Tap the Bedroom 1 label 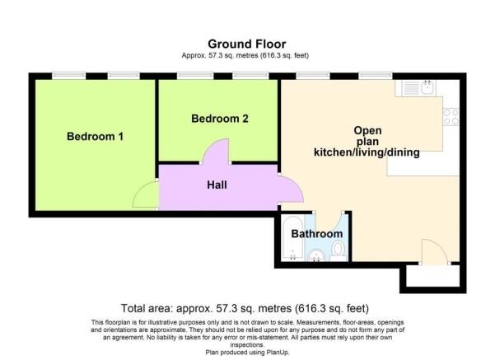[x=95, y=136]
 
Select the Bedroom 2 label [x=220, y=119]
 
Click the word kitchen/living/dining [x=367, y=152]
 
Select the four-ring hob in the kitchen [x=450, y=116]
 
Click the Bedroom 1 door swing [x=147, y=195]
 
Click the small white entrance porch [x=427, y=278]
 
